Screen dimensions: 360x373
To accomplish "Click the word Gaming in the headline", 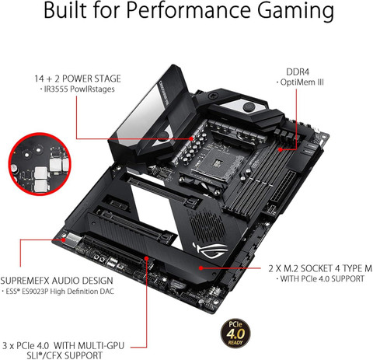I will point(287,14).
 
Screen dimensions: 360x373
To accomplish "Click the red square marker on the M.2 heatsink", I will point(200,267).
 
